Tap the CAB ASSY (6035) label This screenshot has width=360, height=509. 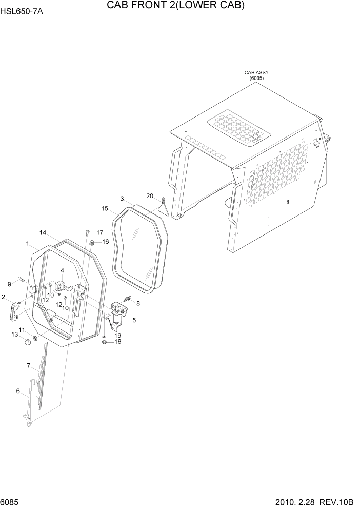(x=256, y=75)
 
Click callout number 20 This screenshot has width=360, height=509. (x=150, y=195)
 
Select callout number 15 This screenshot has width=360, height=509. (x=105, y=209)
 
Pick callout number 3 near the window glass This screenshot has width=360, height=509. (x=122, y=199)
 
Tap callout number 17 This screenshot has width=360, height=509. (x=100, y=232)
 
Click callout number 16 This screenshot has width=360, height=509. (x=105, y=242)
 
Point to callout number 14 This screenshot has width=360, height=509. (x=43, y=232)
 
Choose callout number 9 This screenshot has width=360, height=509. (x=9, y=284)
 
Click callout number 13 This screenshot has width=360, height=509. (x=14, y=334)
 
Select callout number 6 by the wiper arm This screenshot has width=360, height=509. (x=18, y=391)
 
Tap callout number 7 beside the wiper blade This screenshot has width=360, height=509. (x=29, y=365)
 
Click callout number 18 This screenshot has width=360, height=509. (x=118, y=342)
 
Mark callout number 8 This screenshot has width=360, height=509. (x=137, y=303)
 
